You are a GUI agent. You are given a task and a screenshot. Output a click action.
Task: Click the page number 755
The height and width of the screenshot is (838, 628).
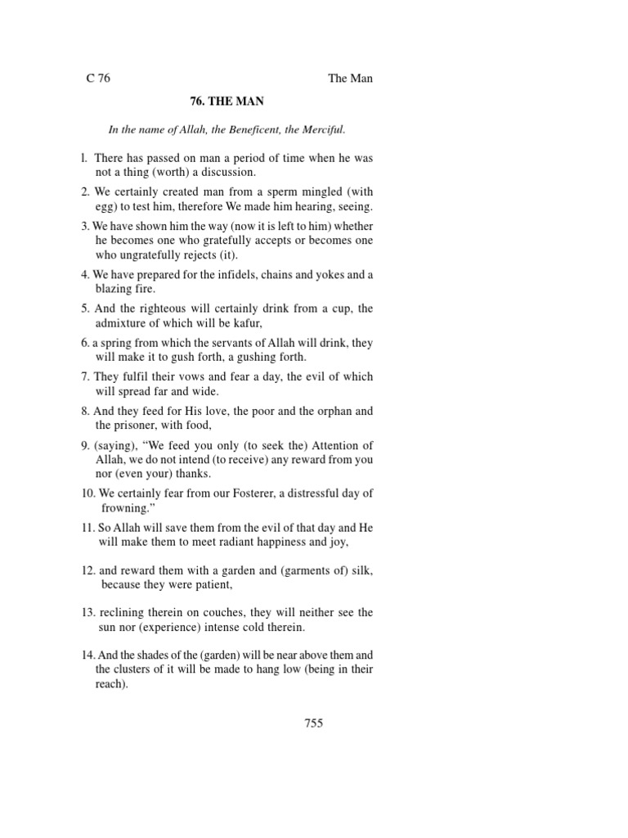point(314,723)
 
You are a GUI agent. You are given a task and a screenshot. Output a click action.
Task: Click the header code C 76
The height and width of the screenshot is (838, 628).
point(98,79)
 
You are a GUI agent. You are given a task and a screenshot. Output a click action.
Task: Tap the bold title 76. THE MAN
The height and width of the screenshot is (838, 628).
point(226,102)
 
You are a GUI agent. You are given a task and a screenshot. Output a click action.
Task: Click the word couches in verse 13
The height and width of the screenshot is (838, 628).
point(209,613)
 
